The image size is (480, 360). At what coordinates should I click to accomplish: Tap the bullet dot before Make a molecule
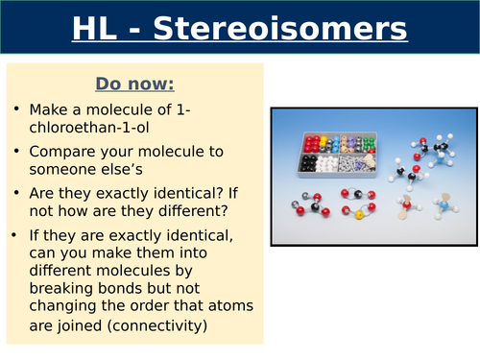pos(17,110)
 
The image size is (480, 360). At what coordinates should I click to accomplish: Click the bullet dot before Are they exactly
pos(17,193)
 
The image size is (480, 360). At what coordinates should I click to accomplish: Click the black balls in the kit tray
pos(312,161)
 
